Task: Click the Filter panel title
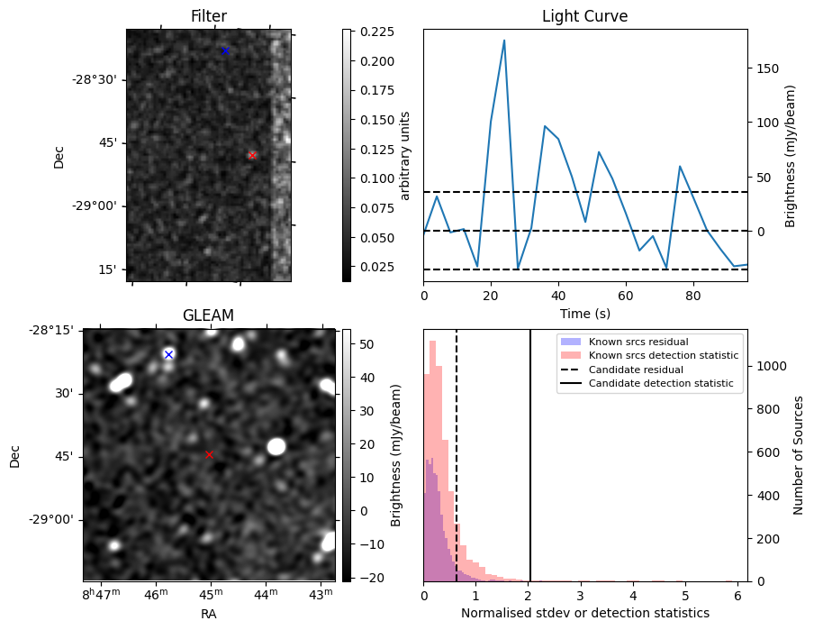(208, 16)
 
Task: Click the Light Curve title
(584, 16)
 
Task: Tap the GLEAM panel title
(208, 315)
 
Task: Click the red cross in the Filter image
(252, 155)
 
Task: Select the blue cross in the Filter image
(225, 51)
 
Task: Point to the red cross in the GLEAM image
(210, 455)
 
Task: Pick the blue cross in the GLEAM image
(168, 354)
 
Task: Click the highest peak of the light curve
(504, 41)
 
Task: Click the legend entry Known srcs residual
(638, 342)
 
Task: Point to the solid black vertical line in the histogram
(530, 451)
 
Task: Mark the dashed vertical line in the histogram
(457, 451)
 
